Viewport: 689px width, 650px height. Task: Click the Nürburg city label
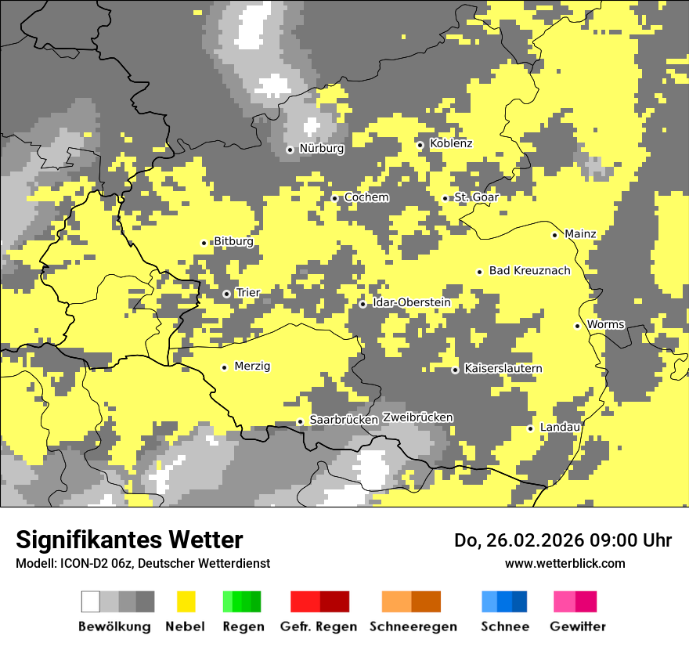[x=322, y=149]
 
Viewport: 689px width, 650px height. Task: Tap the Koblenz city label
[x=451, y=144]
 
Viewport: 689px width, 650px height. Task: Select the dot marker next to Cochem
[x=334, y=198]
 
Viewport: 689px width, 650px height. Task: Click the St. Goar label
[x=476, y=197]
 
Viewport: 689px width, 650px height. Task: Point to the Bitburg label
[x=233, y=242]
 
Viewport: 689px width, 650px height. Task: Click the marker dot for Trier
[x=226, y=294]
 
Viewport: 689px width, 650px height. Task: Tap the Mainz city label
[x=580, y=234]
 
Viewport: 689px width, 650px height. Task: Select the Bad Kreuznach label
[x=529, y=271]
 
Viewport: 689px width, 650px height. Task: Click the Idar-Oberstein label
[x=411, y=303]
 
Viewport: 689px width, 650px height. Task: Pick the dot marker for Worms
[x=577, y=326]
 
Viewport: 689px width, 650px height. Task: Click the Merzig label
[x=252, y=367]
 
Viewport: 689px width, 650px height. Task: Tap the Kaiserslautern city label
[x=503, y=369]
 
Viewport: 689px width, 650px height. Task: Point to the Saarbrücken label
[x=344, y=421]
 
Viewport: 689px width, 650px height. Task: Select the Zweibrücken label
[x=417, y=417]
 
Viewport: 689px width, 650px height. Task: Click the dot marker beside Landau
[x=530, y=428]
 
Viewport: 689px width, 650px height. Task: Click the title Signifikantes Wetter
[x=129, y=540]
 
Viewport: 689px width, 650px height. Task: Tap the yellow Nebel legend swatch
[x=186, y=601]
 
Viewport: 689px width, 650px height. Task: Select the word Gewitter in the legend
[x=578, y=627]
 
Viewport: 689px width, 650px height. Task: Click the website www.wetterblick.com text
[x=565, y=563]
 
